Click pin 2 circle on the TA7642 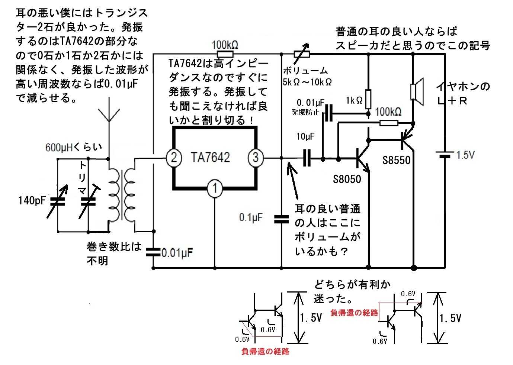coord(174,158)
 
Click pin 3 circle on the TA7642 coord(256,158)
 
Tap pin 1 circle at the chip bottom coord(215,188)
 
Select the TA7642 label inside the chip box coord(210,158)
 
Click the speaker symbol coord(417,92)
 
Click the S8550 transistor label coord(397,160)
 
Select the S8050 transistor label coord(347,179)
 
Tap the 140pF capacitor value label coord(32,200)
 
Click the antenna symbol coord(109,114)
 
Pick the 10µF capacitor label coord(305,137)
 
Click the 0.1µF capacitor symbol coord(282,219)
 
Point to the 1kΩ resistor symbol coord(368,99)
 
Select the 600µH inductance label coord(73,147)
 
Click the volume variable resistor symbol coord(302,54)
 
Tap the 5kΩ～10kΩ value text coord(307,82)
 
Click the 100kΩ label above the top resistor coord(225,45)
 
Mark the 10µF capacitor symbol coord(307,158)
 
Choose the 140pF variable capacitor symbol coord(58,201)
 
